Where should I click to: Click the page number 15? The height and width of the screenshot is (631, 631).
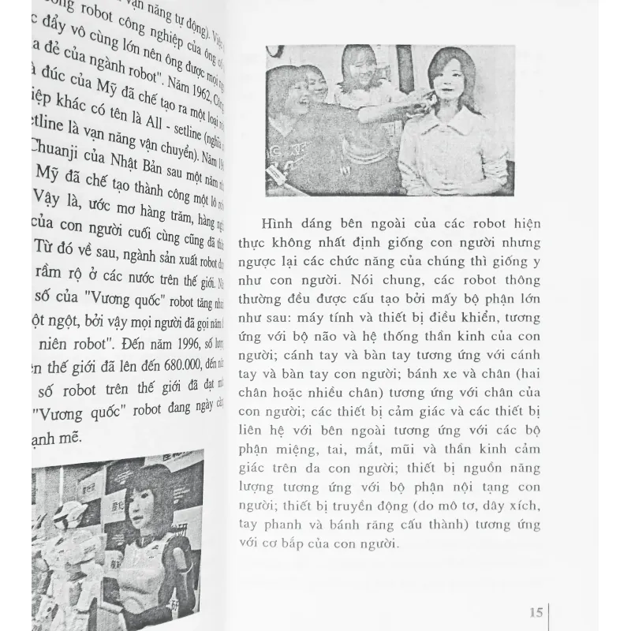click(x=536, y=611)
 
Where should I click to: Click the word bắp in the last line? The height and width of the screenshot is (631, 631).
click(x=330, y=544)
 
